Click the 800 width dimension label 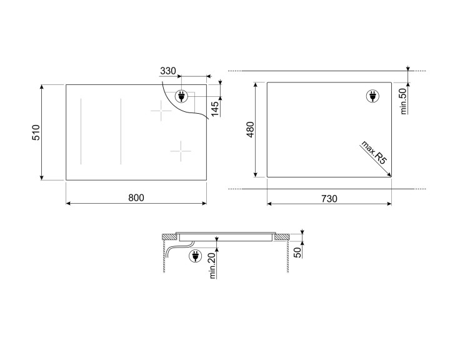point(136,197)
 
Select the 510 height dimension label point(36,132)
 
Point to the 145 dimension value point(214,109)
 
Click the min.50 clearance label point(403,101)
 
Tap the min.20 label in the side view point(212,267)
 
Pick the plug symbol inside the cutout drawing point(371,96)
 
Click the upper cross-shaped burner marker point(160,112)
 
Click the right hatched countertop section point(282,236)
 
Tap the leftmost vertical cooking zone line point(79,131)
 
